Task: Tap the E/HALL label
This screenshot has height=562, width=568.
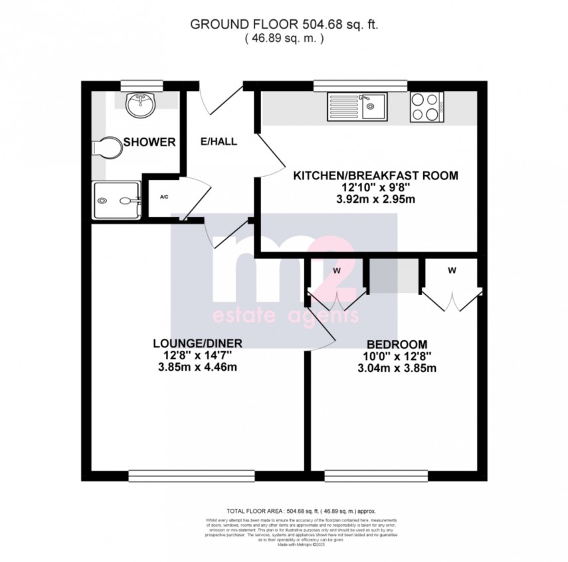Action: pos(219,141)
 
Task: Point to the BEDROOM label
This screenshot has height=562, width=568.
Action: pos(396,344)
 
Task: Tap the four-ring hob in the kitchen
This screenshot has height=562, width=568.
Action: pos(426,106)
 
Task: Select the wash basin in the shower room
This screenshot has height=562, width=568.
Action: pos(140,104)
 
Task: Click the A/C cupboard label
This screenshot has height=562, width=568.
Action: pos(163,197)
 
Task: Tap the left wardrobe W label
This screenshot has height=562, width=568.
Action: pos(337,271)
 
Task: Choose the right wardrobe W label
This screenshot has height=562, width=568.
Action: pos(452,270)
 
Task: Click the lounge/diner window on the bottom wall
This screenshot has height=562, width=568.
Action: pos(191,475)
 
